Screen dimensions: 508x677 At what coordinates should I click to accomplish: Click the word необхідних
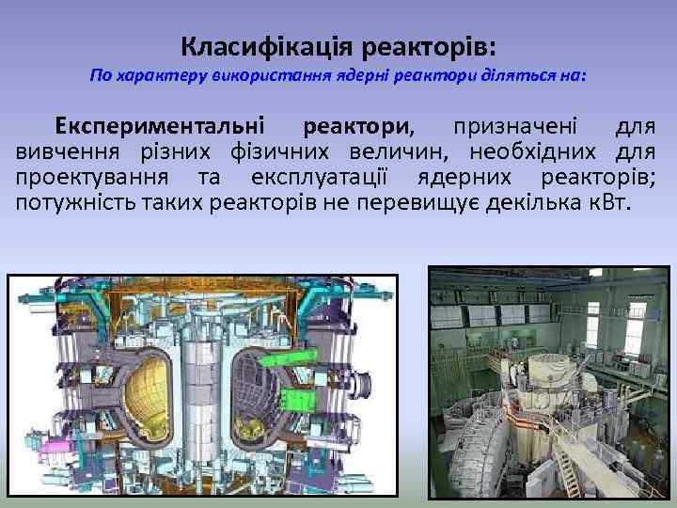pos(517,152)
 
